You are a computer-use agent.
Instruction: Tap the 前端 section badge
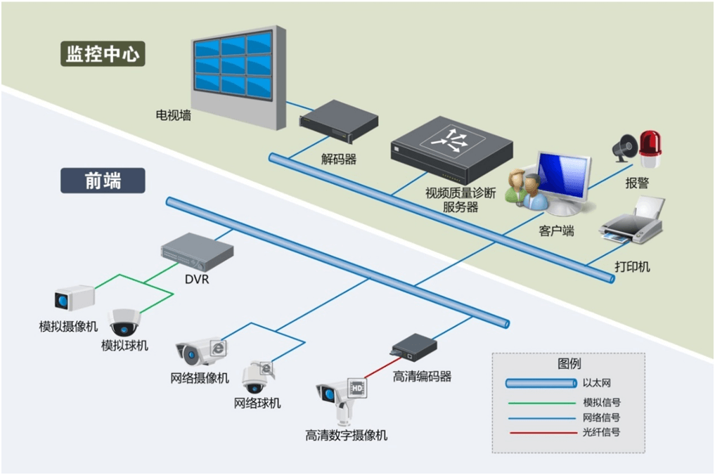103,181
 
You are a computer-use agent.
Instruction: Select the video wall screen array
234,66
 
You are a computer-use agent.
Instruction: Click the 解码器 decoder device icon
338,122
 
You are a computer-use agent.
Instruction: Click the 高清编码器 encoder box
414,347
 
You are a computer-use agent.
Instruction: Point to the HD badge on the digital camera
356,388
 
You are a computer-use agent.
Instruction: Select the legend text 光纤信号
601,432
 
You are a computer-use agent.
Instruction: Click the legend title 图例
569,364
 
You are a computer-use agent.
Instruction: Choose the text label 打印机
632,266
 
